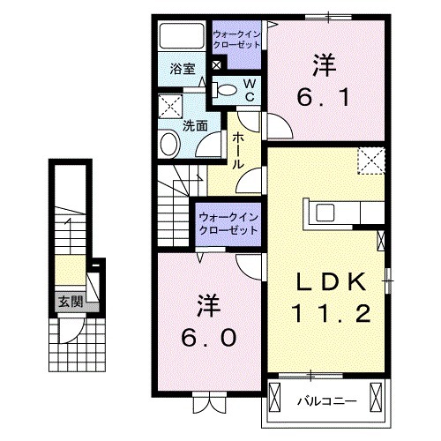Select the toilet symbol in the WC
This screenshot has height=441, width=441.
[x=226, y=89]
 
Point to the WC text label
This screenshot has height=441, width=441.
[x=250, y=89]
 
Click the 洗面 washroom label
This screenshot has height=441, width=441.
[x=195, y=126]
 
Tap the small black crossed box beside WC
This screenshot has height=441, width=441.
[x=218, y=65]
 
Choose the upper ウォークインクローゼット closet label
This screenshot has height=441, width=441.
[x=235, y=41]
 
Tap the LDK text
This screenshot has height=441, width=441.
[x=330, y=282]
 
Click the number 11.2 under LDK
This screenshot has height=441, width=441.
[x=330, y=312]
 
